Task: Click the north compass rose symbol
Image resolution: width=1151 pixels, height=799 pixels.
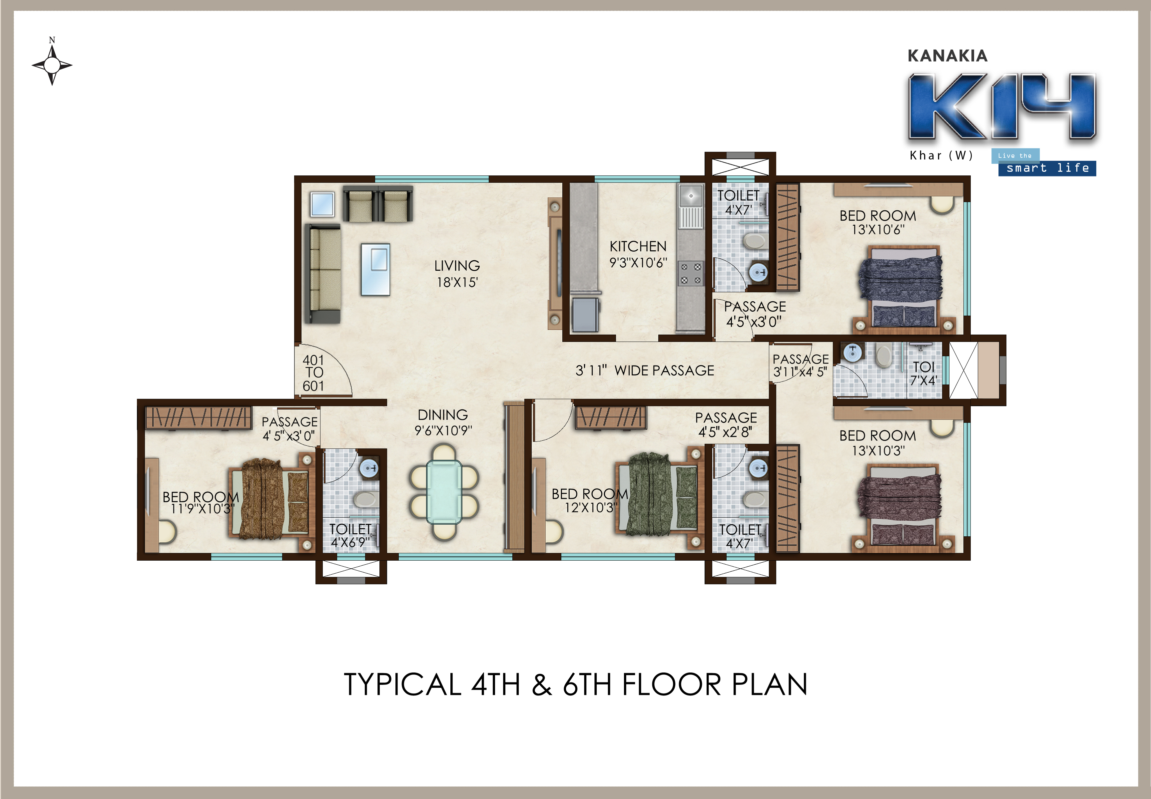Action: [x=52, y=65]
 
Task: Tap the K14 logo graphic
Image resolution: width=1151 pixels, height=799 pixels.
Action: [x=1002, y=106]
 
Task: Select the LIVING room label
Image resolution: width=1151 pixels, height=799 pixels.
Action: [x=457, y=266]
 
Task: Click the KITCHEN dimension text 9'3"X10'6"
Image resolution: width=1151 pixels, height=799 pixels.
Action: [x=638, y=263]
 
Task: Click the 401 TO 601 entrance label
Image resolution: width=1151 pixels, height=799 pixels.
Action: [x=313, y=373]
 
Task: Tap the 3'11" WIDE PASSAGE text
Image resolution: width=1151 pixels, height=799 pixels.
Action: [x=645, y=371]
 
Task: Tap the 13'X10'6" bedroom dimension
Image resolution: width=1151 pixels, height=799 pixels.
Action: [x=878, y=230]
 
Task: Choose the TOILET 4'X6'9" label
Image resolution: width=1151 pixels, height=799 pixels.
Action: [x=350, y=536]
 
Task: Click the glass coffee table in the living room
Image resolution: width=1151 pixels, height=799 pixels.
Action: [x=376, y=269]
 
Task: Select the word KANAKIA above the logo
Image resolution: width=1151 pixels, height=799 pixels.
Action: [x=947, y=56]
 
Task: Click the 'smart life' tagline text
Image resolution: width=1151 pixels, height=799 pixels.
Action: [x=1047, y=168]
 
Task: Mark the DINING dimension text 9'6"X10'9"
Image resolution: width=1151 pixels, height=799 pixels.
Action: [x=443, y=430]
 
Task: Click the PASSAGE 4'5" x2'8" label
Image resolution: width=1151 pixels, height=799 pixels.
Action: [x=726, y=424]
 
